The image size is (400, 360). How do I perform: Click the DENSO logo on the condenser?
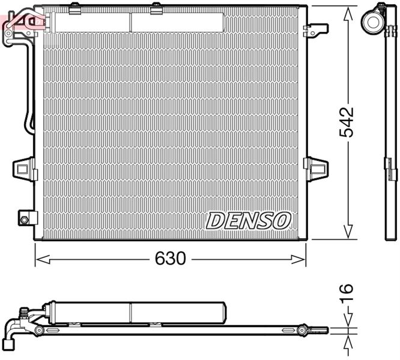(249, 220)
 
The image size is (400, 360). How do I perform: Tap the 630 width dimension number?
(171, 259)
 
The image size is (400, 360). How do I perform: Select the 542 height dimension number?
(347, 124)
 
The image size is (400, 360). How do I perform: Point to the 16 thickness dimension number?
(347, 295)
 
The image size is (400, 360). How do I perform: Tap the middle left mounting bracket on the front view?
(24, 166)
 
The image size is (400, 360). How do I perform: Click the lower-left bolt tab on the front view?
(25, 218)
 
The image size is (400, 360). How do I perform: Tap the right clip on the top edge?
(156, 7)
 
